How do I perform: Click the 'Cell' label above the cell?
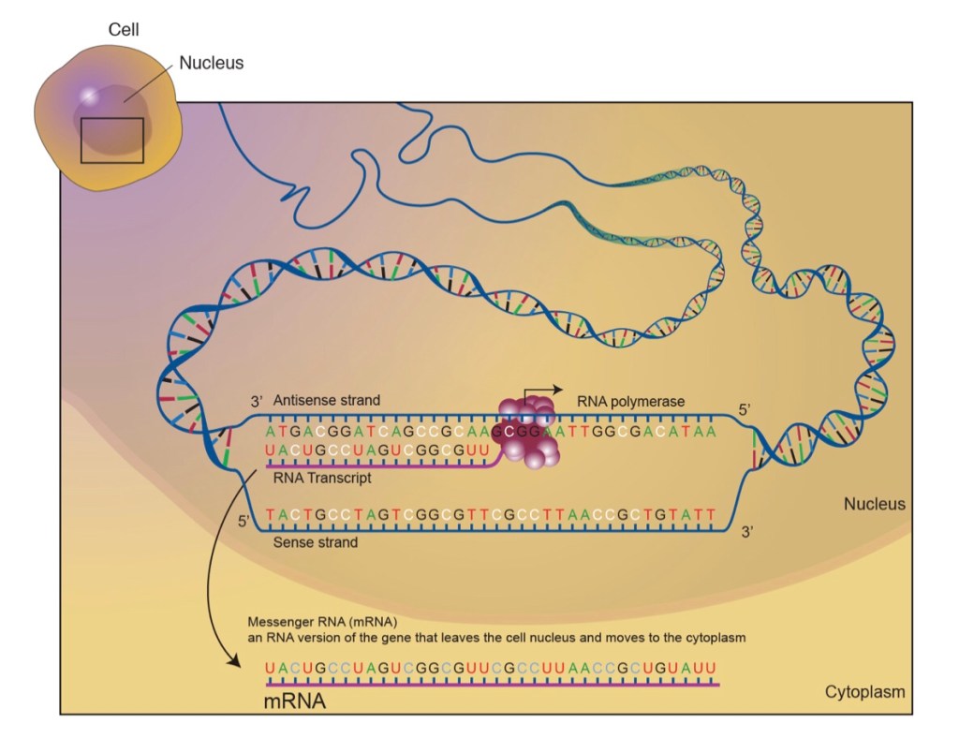124,31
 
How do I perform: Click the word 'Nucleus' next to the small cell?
212,64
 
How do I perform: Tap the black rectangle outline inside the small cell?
112,140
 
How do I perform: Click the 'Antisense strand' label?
327,401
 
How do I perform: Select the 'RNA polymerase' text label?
631,402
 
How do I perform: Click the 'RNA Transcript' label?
322,478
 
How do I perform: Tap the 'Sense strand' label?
315,541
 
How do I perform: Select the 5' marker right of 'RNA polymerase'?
745,409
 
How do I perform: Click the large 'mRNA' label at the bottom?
295,700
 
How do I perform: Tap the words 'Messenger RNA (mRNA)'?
323,622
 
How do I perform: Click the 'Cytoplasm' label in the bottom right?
864,692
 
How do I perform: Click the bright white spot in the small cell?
89,96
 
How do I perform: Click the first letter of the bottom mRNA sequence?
271,668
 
